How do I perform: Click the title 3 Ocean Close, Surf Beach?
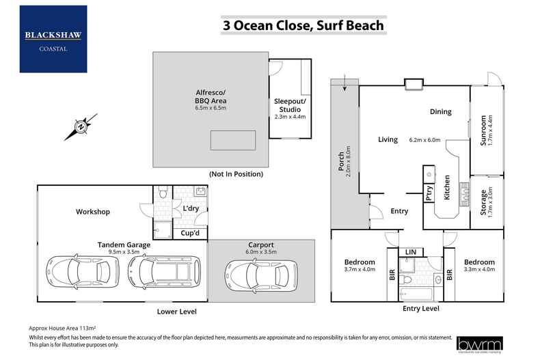pyautogui.click(x=303, y=26)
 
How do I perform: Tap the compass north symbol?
pyautogui.click(x=81, y=126)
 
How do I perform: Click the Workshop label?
pyautogui.click(x=93, y=212)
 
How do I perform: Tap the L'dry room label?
pyautogui.click(x=191, y=208)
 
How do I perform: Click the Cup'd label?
pyautogui.click(x=189, y=233)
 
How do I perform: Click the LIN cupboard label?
pyautogui.click(x=411, y=252)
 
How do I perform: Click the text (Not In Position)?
pyautogui.click(x=237, y=174)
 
